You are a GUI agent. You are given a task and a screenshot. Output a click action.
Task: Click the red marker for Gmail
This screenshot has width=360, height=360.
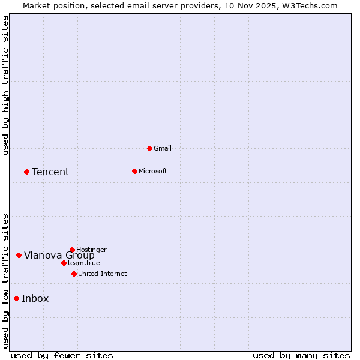[149, 148]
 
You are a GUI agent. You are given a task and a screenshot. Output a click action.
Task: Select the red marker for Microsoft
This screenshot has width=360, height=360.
[134, 171]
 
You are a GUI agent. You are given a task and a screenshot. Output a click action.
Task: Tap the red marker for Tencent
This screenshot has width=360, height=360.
[26, 172]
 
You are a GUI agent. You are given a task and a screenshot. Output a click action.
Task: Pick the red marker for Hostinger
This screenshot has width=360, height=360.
[72, 250]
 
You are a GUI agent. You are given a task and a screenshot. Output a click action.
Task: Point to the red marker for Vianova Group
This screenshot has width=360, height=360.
[19, 255]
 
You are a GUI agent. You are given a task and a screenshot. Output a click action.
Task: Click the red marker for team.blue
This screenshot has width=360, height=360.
[64, 263]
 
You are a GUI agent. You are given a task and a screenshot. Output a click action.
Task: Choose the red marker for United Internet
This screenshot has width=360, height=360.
[74, 274]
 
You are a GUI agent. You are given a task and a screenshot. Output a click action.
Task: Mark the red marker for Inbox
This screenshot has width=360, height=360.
[16, 298]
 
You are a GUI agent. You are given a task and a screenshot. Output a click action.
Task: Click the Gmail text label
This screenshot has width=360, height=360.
[163, 148]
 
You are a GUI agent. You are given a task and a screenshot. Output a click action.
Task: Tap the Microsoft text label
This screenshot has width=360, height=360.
[152, 171]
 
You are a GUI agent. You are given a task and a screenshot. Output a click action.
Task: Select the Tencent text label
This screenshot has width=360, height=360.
[50, 172]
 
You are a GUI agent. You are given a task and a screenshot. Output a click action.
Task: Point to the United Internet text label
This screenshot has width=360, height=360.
[102, 274]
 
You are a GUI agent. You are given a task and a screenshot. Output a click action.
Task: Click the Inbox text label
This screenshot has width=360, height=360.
[35, 299]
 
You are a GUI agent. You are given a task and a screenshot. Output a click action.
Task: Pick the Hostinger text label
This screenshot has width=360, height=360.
[91, 250]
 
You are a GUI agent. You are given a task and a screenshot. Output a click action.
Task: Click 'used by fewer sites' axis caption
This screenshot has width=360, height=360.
[62, 355]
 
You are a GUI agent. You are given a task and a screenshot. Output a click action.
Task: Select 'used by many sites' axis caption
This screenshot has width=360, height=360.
[301, 355]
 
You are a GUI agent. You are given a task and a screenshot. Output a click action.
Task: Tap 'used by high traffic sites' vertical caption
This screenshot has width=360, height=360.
[5, 85]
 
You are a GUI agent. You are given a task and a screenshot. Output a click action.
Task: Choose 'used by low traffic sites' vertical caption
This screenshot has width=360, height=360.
[5, 281]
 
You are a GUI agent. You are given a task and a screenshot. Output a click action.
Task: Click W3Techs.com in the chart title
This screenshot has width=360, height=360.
[310, 5]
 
